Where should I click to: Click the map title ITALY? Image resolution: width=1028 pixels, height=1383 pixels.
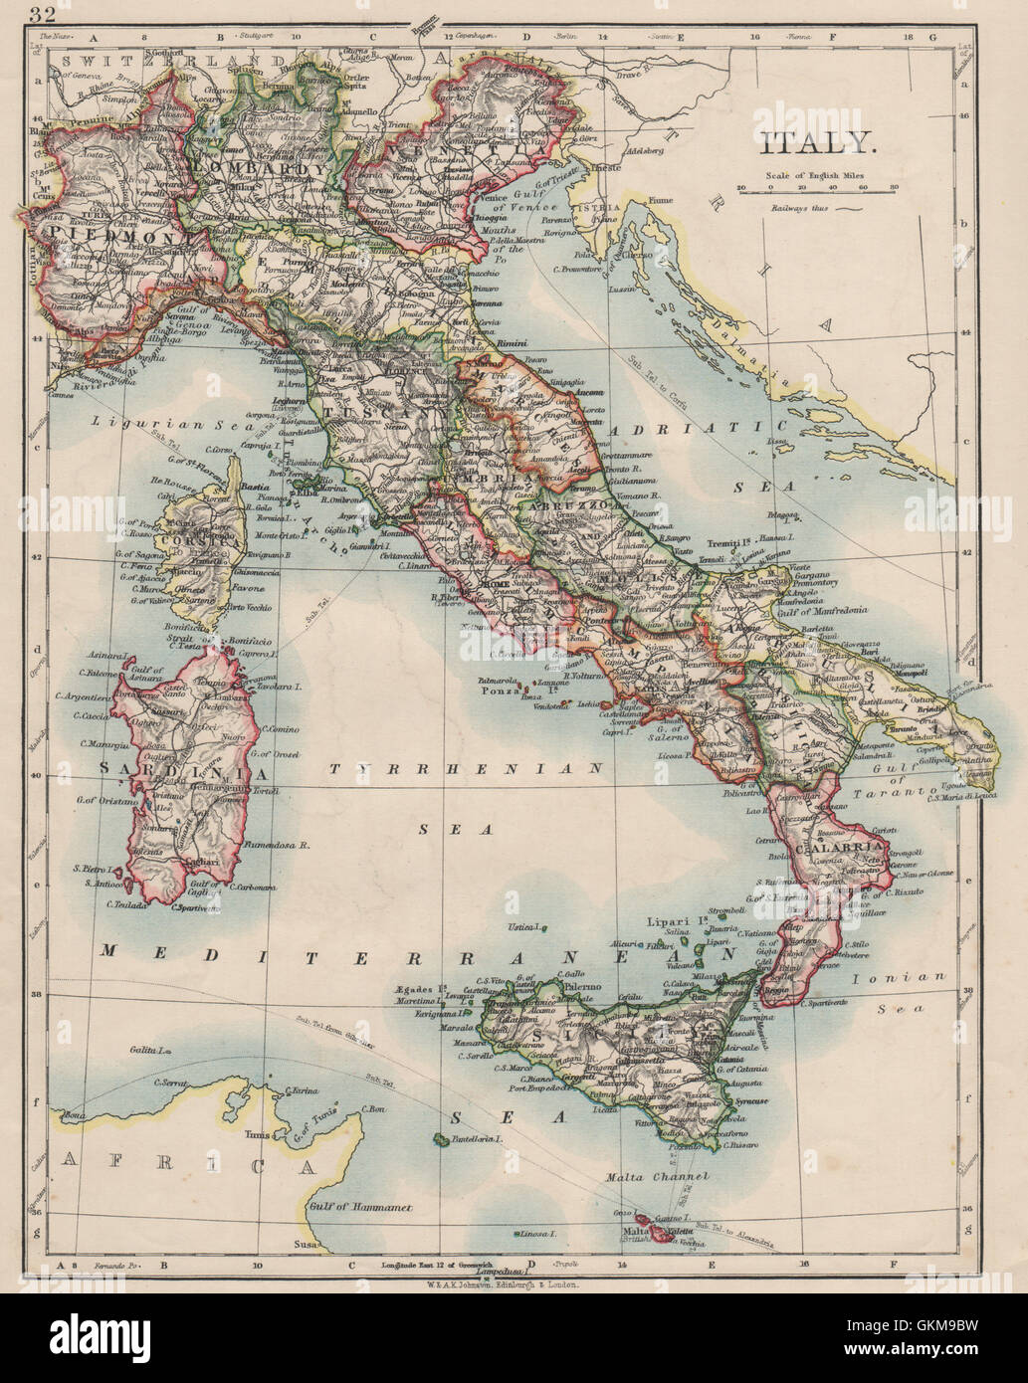pos(818,143)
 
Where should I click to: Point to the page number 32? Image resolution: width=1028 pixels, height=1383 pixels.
pos(43,13)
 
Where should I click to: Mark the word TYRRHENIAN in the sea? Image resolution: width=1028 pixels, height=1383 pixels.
pos(467,768)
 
